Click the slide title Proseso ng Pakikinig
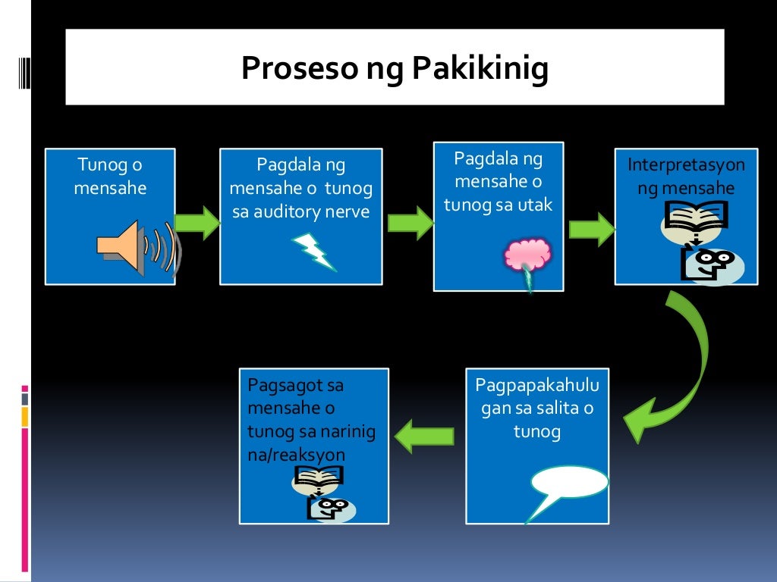click(x=395, y=69)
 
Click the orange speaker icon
click(x=125, y=246)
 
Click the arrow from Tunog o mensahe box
click(x=197, y=222)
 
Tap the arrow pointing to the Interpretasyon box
click(x=591, y=228)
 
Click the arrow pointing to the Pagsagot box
click(x=426, y=436)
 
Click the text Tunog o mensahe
click(x=110, y=176)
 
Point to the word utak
click(x=536, y=204)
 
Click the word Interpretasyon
click(x=686, y=165)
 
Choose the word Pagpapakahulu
click(x=536, y=385)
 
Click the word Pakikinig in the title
click(x=480, y=69)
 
